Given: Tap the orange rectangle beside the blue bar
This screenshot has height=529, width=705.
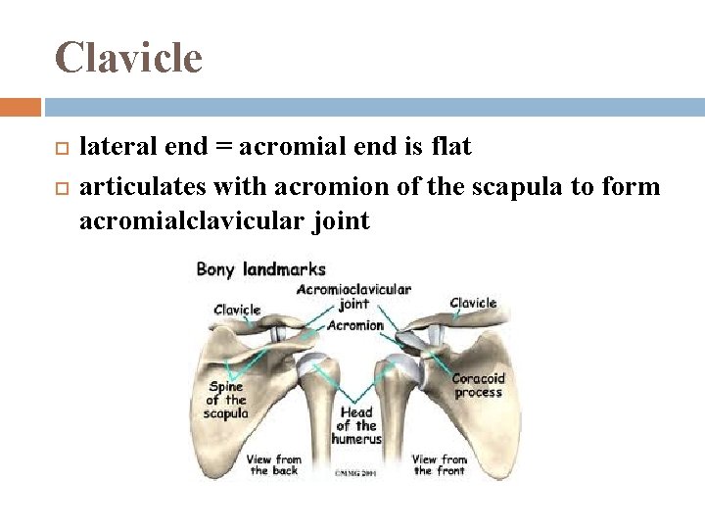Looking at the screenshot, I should tap(21, 106).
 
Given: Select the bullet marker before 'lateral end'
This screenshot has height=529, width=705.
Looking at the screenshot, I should tap(61, 148).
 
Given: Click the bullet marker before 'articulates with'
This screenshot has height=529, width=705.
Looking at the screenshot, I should tap(61, 186).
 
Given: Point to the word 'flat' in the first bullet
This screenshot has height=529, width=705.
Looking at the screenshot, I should tap(449, 147).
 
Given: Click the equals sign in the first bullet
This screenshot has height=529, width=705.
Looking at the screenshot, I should tap(224, 148).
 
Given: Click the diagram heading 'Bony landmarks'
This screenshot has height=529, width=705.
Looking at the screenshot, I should tap(260, 268).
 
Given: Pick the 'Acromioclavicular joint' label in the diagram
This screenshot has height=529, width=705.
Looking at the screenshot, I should tap(352, 296).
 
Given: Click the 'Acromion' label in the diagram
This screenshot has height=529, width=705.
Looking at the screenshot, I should tap(355, 324).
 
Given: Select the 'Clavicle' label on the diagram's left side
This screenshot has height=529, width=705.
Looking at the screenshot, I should tap(237, 310).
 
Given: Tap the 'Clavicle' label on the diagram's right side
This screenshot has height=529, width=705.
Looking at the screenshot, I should tap(473, 303).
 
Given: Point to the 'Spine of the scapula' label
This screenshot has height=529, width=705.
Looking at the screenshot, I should tap(225, 400).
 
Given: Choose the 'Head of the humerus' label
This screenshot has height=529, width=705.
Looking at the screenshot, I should tap(356, 426).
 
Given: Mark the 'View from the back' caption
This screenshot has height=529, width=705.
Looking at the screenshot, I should tap(274, 464).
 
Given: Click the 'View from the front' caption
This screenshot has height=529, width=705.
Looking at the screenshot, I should tap(439, 464).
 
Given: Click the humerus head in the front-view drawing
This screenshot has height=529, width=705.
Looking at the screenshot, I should tap(405, 366).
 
